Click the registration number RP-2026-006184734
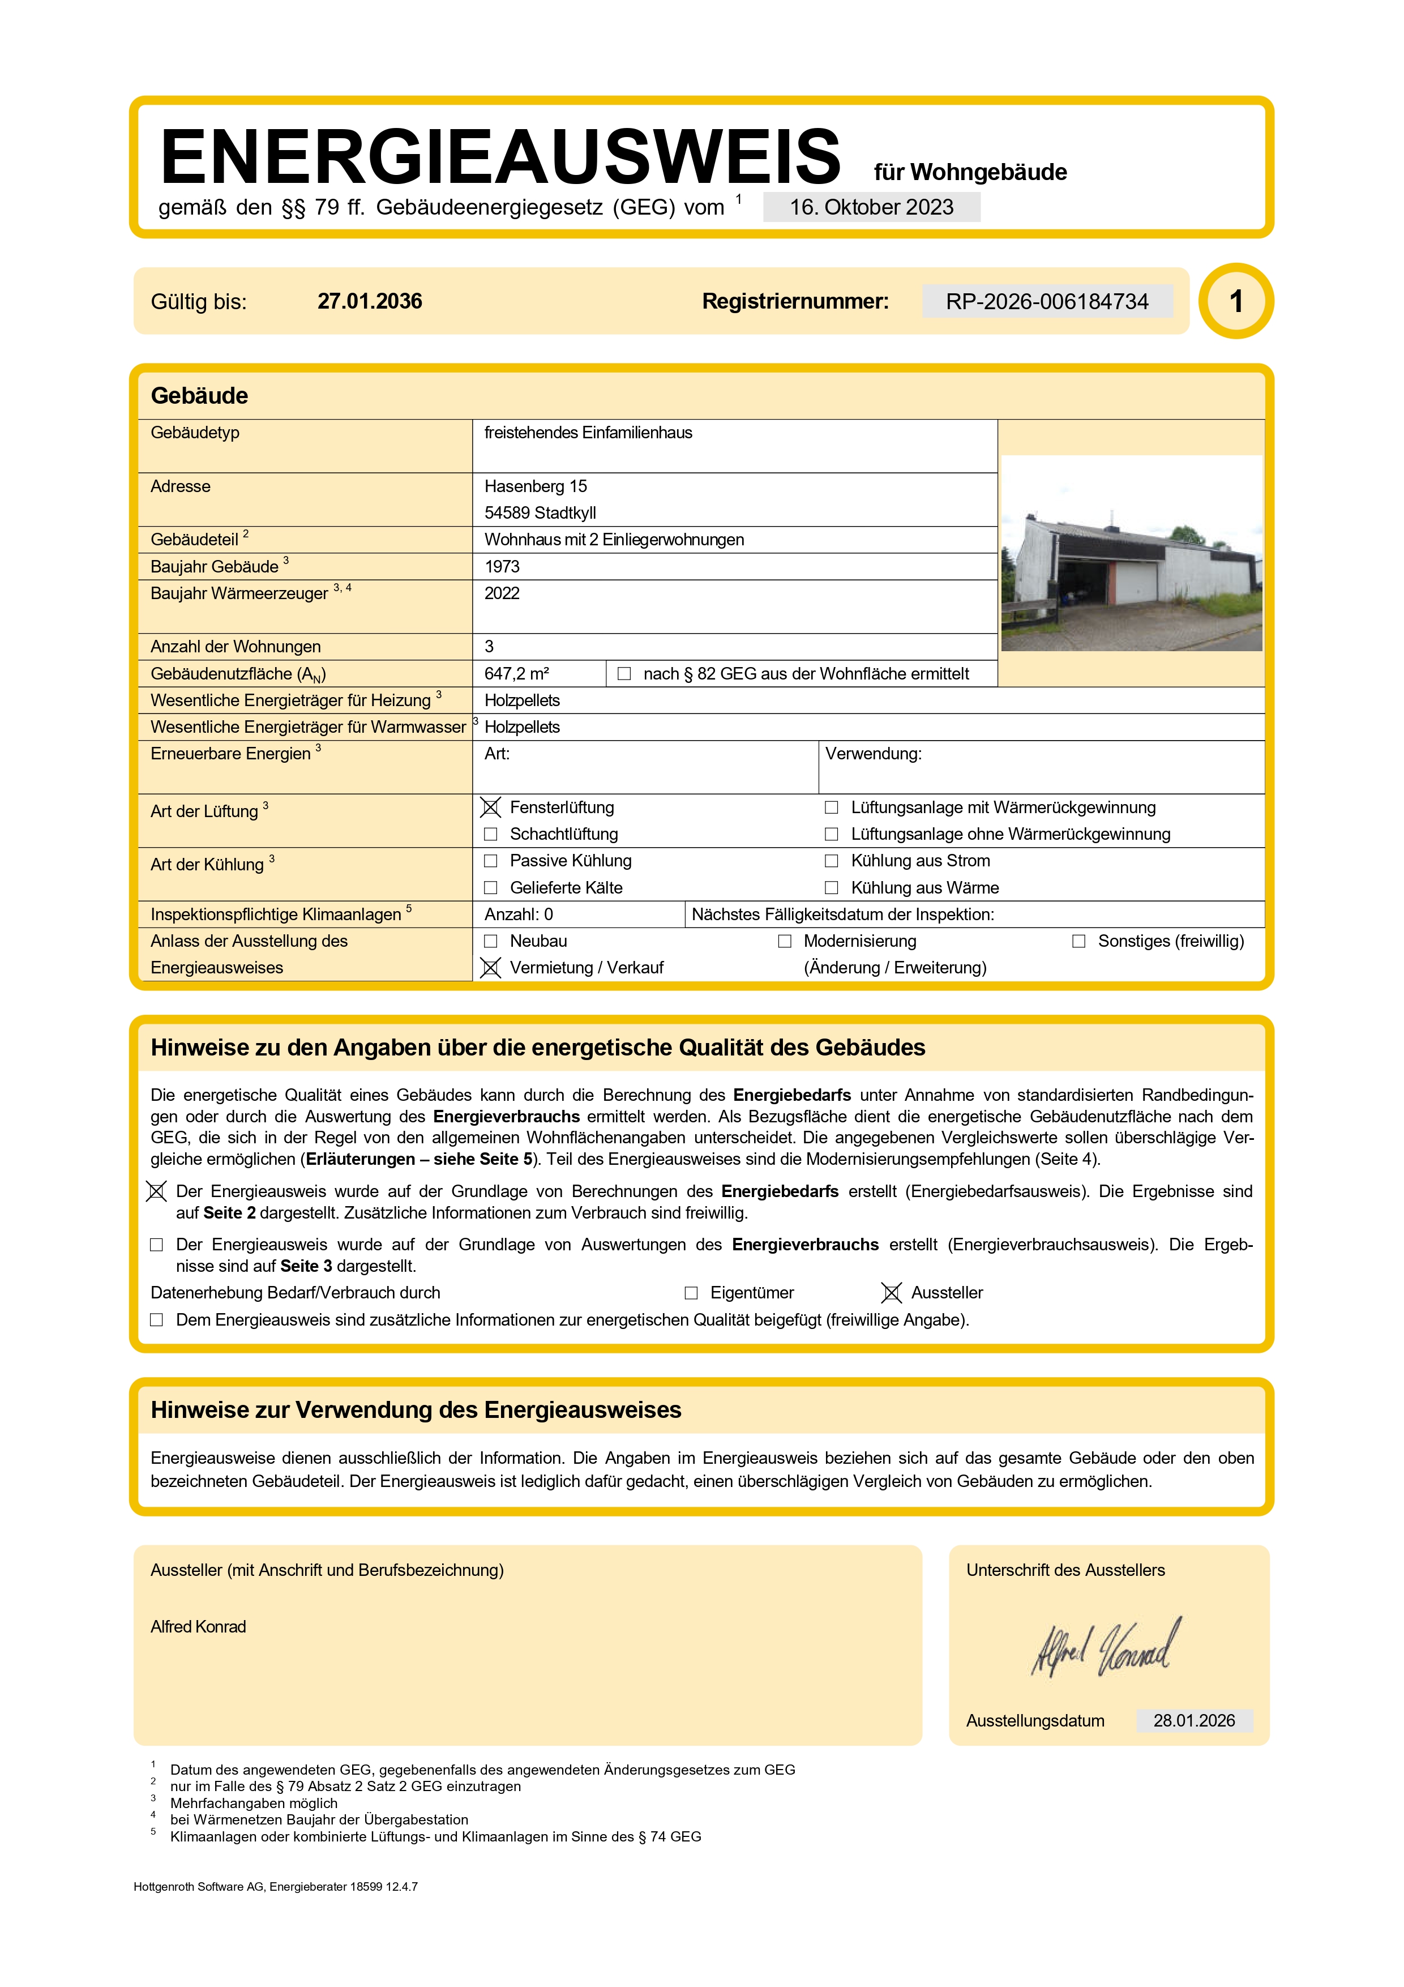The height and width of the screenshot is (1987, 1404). coord(1047,301)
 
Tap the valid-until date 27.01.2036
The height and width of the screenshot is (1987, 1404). coord(369,301)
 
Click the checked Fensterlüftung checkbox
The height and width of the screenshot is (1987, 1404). coord(490,807)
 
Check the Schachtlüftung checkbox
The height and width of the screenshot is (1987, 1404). coord(490,834)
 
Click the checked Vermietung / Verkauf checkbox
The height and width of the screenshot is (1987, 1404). coord(490,968)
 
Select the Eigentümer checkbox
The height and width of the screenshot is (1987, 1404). coord(691,1293)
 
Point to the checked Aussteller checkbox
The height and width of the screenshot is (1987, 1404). coord(891,1293)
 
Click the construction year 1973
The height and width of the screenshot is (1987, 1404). coord(502,567)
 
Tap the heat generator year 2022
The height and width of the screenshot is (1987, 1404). coord(502,593)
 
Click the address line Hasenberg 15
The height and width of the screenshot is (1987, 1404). coord(536,486)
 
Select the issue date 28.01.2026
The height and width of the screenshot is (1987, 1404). coord(1194,1720)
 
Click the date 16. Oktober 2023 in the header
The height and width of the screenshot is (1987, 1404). coord(871,208)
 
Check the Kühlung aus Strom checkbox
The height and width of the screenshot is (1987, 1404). coord(831,861)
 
